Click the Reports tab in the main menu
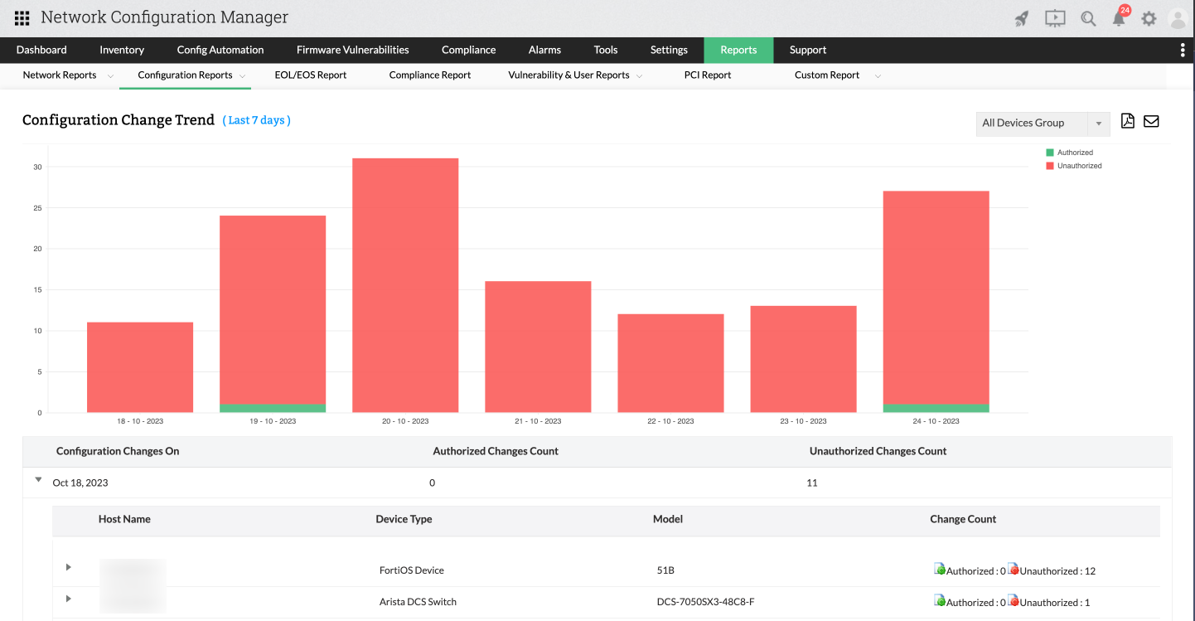(738, 50)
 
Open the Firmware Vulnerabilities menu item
(352, 50)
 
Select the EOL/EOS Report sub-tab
(310, 75)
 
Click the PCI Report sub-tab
(707, 75)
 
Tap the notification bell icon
(1120, 18)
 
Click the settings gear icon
(1149, 18)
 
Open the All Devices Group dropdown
(1043, 123)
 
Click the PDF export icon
(1127, 121)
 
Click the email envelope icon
(1151, 121)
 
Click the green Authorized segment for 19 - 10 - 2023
(273, 408)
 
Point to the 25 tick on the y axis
(37, 207)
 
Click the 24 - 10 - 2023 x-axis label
(936, 421)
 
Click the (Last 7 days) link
(256, 120)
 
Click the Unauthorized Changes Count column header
(878, 451)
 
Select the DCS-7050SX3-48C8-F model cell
(705, 602)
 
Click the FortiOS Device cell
(411, 570)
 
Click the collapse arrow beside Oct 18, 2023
(38, 479)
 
